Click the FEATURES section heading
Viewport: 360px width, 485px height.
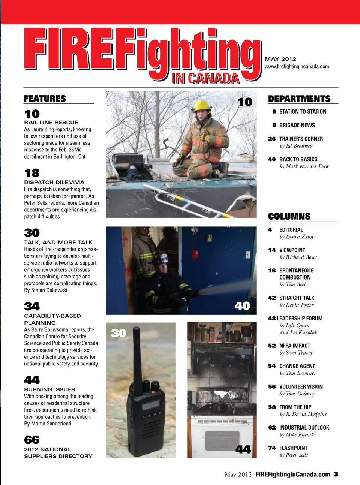point(45,99)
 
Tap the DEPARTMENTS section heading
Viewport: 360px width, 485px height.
point(299,99)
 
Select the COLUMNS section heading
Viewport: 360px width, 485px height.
point(289,216)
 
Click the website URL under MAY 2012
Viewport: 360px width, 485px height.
point(297,66)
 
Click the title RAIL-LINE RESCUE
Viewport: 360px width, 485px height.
point(51,122)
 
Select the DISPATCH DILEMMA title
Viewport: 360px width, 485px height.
point(54,182)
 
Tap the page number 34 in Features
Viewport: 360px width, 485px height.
point(32,306)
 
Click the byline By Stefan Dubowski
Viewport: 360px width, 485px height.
point(45,290)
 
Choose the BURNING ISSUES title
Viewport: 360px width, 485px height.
point(49,389)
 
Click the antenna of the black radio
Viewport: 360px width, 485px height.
point(136,360)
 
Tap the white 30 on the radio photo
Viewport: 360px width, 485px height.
point(118,333)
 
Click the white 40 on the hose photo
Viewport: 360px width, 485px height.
point(242,306)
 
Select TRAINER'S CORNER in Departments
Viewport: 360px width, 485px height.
point(301,139)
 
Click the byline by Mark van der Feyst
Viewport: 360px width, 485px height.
point(304,166)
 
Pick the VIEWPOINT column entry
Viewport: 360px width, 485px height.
point(292,250)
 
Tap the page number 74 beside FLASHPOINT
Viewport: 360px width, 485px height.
point(272,448)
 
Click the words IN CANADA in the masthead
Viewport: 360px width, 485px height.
point(205,78)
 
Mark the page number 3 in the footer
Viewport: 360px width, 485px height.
point(336,474)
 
